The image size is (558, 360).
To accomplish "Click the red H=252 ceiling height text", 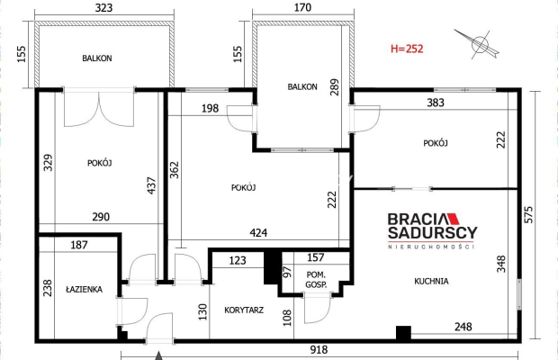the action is (407, 49).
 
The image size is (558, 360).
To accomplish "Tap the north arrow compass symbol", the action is (478, 44).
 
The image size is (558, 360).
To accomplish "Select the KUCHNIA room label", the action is (431, 282).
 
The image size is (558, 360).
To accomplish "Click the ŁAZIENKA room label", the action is (85, 289).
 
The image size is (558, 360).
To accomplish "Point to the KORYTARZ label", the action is (244, 310).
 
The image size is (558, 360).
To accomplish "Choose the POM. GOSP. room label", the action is (316, 280).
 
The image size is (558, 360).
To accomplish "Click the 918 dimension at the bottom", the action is (319, 350).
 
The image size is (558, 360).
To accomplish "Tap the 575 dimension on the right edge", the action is (529, 215).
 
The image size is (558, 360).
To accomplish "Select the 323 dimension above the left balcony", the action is (103, 8).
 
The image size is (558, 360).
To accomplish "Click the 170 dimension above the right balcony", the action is (302, 7).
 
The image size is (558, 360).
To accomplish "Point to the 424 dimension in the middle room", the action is (258, 233).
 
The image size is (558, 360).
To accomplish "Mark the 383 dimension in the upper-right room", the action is (436, 103).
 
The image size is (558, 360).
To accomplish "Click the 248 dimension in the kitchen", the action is (463, 327).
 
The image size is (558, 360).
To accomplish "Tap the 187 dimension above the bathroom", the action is (79, 245).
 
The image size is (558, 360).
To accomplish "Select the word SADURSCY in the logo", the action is (432, 232).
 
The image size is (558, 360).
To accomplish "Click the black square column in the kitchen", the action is (403, 333).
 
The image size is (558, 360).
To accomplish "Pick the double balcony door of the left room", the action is (99, 108).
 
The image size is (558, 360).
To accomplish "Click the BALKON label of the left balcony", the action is (97, 58).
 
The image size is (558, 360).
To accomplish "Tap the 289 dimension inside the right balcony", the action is (335, 87).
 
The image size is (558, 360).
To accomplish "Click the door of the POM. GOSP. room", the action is (318, 308).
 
